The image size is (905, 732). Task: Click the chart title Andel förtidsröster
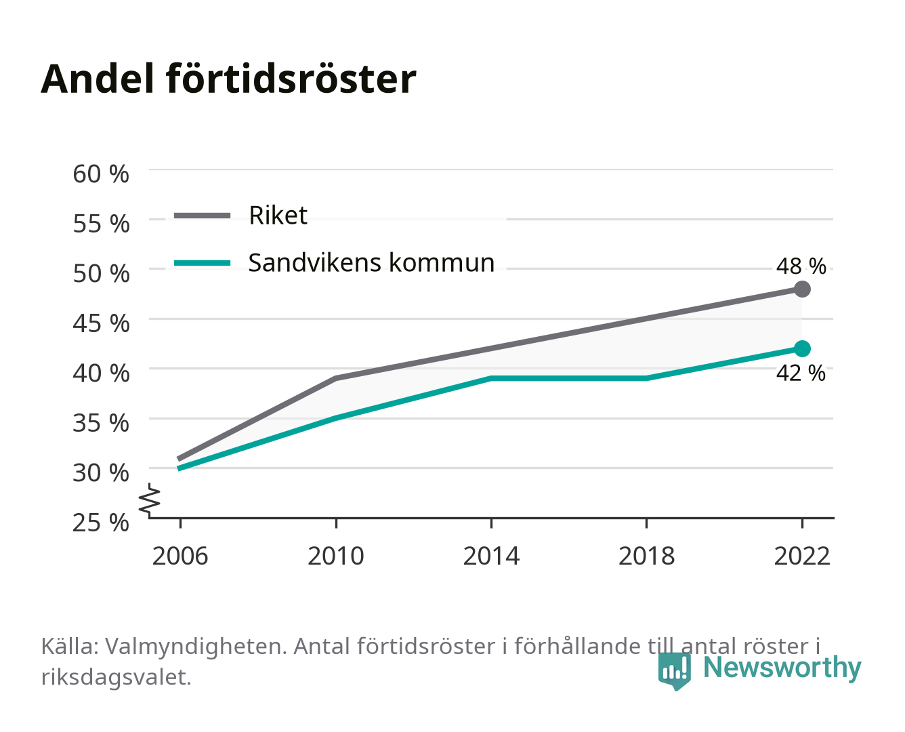pyautogui.click(x=228, y=79)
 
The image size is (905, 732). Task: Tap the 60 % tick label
pyautogui.click(x=101, y=174)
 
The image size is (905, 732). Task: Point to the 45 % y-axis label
pyautogui.click(x=101, y=323)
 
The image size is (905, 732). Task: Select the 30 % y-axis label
pyautogui.click(x=101, y=472)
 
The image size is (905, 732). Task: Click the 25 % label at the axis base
pyautogui.click(x=101, y=523)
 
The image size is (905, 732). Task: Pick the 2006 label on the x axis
pyautogui.click(x=180, y=556)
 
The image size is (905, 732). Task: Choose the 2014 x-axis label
pyautogui.click(x=491, y=556)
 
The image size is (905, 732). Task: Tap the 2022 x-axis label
pyautogui.click(x=802, y=556)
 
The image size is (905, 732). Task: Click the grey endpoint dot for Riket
pyautogui.click(x=802, y=289)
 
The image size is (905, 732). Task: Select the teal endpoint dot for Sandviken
pyautogui.click(x=802, y=348)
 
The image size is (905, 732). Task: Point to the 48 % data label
pyautogui.click(x=801, y=266)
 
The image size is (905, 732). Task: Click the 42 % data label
pyautogui.click(x=801, y=373)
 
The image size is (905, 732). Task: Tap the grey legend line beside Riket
pyautogui.click(x=203, y=216)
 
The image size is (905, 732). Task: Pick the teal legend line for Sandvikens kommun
pyautogui.click(x=203, y=263)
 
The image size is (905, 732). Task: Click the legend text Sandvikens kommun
pyautogui.click(x=371, y=263)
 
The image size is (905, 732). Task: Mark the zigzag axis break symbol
pyautogui.click(x=150, y=500)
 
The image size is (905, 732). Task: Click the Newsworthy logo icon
pyautogui.click(x=674, y=671)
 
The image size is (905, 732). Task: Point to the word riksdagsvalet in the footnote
pyautogui.click(x=116, y=677)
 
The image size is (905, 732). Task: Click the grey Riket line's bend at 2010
pyautogui.click(x=336, y=378)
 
